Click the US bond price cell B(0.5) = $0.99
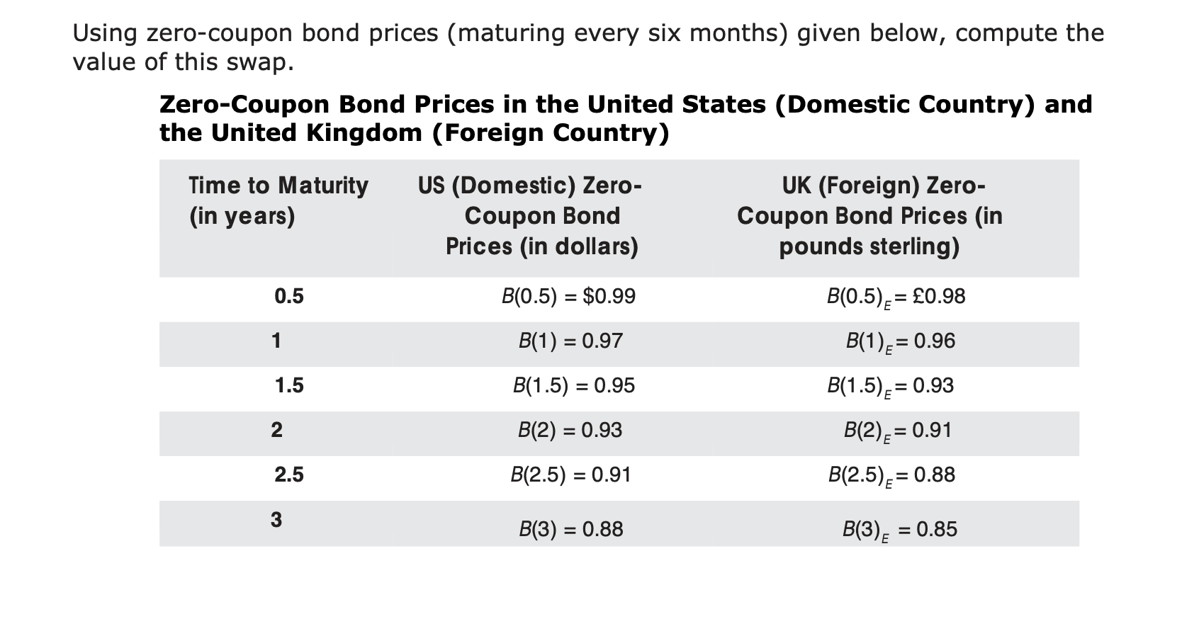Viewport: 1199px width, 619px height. pyautogui.click(x=568, y=296)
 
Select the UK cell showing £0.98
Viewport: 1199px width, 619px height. pyautogui.click(x=896, y=297)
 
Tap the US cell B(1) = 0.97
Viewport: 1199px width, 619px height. pyautogui.click(x=570, y=341)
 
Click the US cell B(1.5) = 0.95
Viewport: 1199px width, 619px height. pyautogui.click(x=573, y=386)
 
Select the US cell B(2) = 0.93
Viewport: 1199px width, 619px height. pyautogui.click(x=570, y=431)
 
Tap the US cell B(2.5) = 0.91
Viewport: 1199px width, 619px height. pyautogui.click(x=570, y=475)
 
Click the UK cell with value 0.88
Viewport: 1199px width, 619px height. pyautogui.click(x=891, y=475)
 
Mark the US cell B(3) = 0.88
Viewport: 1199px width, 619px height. pyautogui.click(x=570, y=529)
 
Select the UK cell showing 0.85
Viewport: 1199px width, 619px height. pyautogui.click(x=899, y=530)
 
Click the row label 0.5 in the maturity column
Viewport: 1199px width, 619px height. pyautogui.click(x=289, y=296)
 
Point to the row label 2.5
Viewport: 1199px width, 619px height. pyautogui.click(x=289, y=475)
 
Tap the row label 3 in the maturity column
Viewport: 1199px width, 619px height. pyautogui.click(x=276, y=520)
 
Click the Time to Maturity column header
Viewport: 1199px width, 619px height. pyautogui.click(x=278, y=200)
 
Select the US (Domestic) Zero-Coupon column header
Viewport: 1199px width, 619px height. pyautogui.click(x=541, y=216)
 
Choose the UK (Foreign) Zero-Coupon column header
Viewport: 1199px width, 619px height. pyautogui.click(x=869, y=216)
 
